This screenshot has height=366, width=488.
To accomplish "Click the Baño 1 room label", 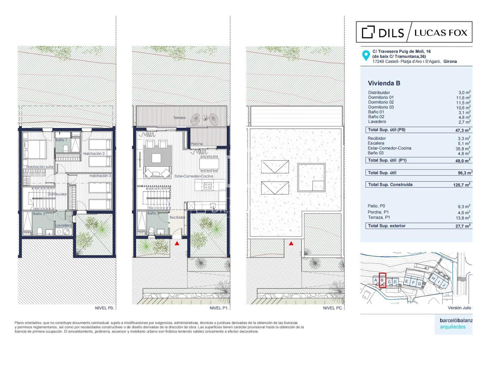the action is pyautogui.click(x=61, y=140).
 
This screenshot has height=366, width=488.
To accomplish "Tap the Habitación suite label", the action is pyautogui.click(x=40, y=167).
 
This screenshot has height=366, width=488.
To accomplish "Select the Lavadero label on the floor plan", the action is pyautogui.click(x=63, y=225).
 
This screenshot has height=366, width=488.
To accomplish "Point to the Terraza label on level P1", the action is pyautogui.click(x=179, y=117).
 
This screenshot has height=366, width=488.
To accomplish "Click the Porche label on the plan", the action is pyautogui.click(x=196, y=144).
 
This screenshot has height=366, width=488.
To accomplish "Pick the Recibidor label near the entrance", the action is pyautogui.click(x=177, y=217).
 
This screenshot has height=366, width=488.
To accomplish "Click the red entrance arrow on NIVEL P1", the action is pyautogui.click(x=177, y=243).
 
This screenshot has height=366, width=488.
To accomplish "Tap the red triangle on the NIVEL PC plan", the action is pyautogui.click(x=291, y=243).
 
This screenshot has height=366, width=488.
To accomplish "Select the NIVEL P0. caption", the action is pyautogui.click(x=105, y=308).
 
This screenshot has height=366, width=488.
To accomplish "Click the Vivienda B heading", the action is pyautogui.click(x=384, y=83).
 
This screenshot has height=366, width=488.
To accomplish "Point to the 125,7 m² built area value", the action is pyautogui.click(x=461, y=185).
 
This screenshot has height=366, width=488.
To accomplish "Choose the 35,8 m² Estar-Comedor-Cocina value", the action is pyautogui.click(x=463, y=148).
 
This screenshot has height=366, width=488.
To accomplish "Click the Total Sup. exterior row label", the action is pyautogui.click(x=387, y=226).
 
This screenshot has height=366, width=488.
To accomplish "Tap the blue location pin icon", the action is pyautogui.click(x=366, y=56).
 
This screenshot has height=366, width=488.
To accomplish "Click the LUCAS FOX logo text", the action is pyautogui.click(x=441, y=33).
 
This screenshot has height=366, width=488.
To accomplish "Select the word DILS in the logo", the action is pyautogui.click(x=391, y=33).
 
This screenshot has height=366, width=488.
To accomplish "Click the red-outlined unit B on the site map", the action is pyautogui.click(x=382, y=280).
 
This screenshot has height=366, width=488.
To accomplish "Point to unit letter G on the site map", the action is pyautogui.click(x=419, y=284).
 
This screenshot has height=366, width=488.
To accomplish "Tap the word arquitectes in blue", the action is pyautogui.click(x=453, y=327).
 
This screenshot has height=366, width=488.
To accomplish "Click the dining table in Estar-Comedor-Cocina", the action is pyautogui.click(x=209, y=164).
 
